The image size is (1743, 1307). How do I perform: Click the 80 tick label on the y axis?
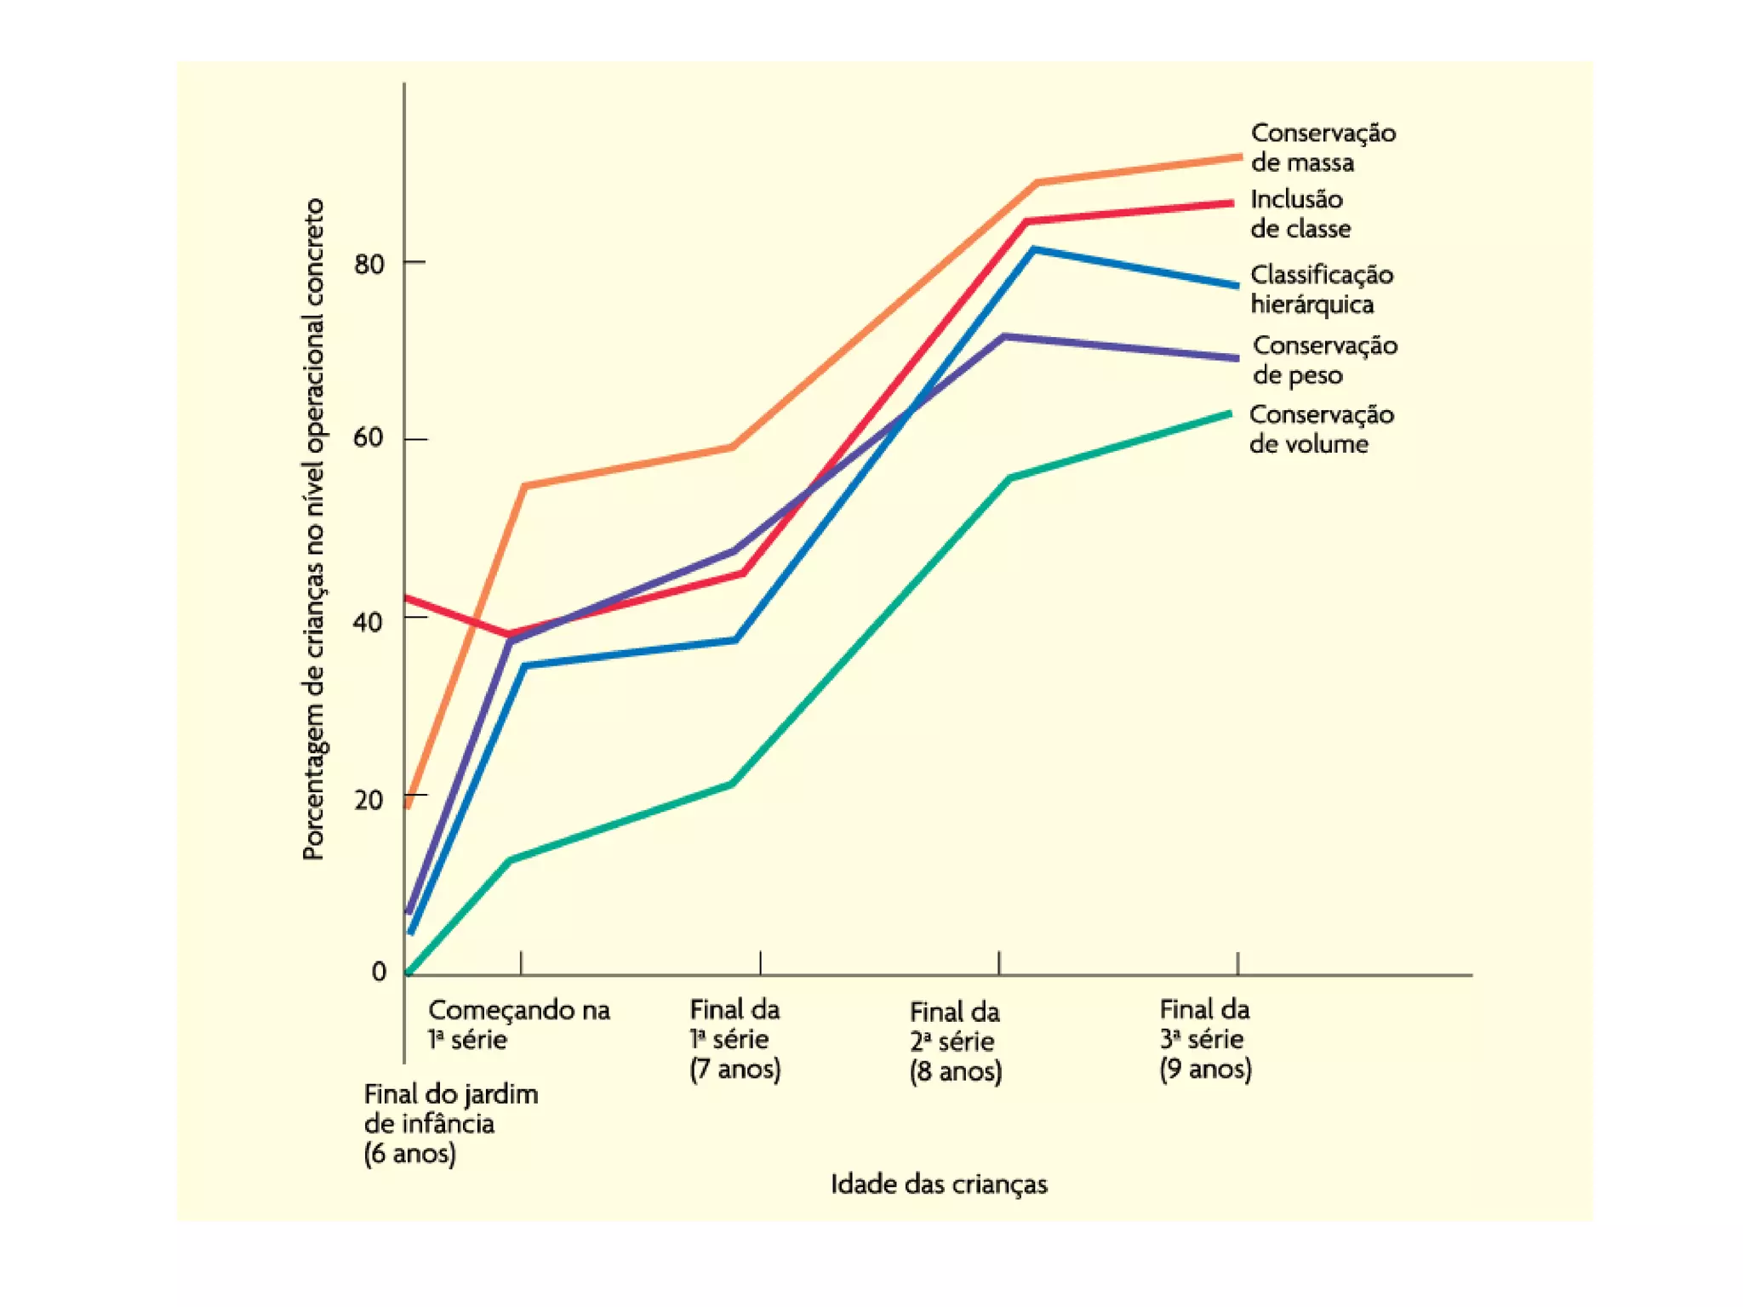[369, 264]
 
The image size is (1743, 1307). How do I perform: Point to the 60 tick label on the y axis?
[369, 438]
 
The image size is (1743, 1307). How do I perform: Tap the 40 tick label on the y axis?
[369, 621]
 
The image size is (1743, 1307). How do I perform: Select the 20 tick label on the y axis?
[369, 800]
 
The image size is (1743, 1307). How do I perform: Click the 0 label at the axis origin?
[379, 971]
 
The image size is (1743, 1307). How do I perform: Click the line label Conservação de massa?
[1323, 147]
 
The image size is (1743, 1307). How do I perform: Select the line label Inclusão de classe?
[1300, 214]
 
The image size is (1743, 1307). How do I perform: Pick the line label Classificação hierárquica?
[1321, 289]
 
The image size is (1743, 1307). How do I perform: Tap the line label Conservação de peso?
[1324, 360]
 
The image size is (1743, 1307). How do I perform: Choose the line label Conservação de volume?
[1321, 429]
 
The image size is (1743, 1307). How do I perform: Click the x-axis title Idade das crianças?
[939, 1184]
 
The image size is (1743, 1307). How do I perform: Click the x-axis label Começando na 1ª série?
[518, 1024]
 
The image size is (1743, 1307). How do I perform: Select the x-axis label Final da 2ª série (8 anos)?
[955, 1042]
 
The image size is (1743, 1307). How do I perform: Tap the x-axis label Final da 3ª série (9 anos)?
[1205, 1039]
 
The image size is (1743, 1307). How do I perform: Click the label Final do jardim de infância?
[450, 1123]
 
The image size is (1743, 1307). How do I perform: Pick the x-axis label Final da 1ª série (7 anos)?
[734, 1039]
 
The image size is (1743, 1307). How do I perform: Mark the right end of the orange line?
[1239, 157]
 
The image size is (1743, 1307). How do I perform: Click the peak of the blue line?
[1033, 249]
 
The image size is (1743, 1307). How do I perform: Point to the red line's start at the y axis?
[407, 598]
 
